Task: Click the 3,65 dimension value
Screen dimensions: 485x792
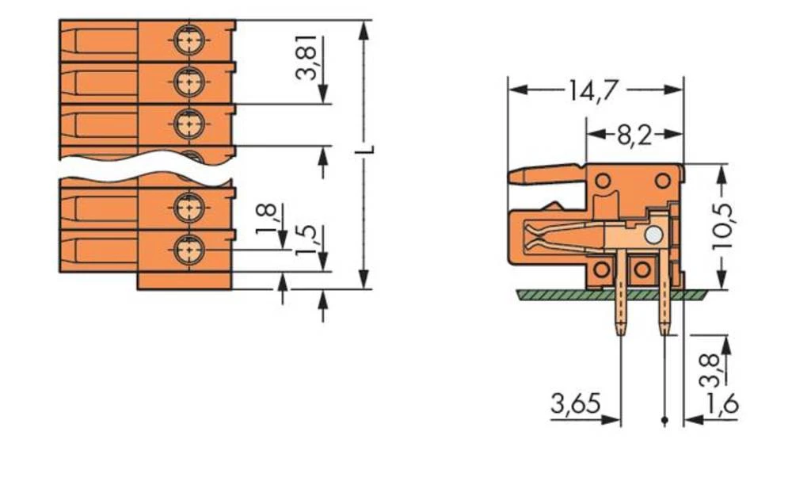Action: pyautogui.click(x=573, y=405)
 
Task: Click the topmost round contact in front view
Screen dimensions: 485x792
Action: pyautogui.click(x=188, y=38)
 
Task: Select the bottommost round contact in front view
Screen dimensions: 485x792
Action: pyautogui.click(x=188, y=250)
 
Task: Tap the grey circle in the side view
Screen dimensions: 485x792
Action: pyautogui.click(x=653, y=235)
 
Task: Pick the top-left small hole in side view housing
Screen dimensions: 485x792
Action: pyautogui.click(x=604, y=181)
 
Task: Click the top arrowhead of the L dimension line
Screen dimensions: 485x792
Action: pyautogui.click(x=364, y=29)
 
